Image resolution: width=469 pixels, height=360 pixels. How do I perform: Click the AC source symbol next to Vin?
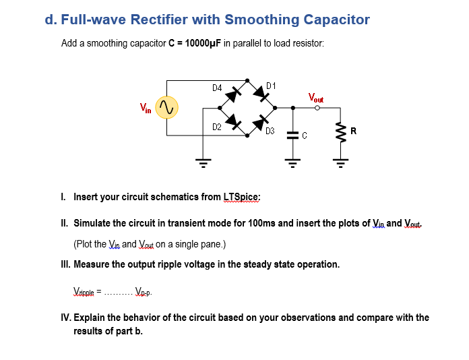coord(166,107)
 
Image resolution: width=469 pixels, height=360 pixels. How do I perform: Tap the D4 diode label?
coord(216,88)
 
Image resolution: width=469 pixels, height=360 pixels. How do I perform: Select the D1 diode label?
coord(271,85)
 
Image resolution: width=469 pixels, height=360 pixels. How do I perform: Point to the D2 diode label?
coord(216,127)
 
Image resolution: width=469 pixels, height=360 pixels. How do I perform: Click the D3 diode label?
coord(270,131)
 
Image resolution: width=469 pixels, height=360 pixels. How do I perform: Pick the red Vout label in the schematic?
coord(315,97)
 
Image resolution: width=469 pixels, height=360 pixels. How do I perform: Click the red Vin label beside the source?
coord(146,106)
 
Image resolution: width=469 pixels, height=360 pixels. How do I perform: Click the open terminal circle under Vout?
coord(316,107)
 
